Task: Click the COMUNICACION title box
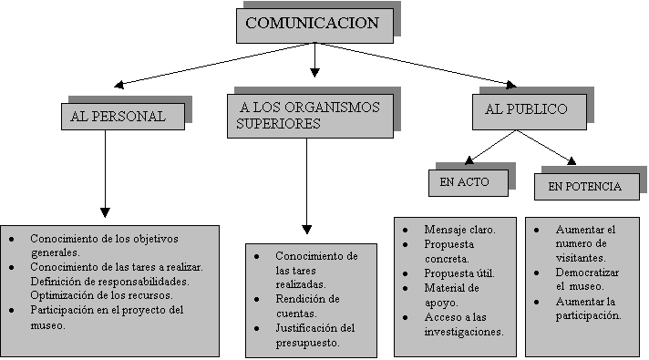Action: [x=314, y=26]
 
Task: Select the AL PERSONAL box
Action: [x=123, y=117]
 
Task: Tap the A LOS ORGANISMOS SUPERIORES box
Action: [x=311, y=116]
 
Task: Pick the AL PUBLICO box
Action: [x=530, y=112]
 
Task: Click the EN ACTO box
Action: [x=469, y=183]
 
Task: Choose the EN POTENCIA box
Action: [x=586, y=187]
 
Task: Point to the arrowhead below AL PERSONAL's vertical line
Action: [x=105, y=212]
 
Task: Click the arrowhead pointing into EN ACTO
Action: [x=469, y=160]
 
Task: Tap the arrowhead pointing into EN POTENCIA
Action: [x=572, y=161]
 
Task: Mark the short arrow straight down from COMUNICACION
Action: [x=314, y=60]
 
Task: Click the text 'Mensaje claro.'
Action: [x=459, y=230]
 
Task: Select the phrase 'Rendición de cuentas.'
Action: [x=307, y=306]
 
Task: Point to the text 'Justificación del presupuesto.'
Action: [x=315, y=335]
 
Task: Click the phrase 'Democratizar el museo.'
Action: [x=587, y=279]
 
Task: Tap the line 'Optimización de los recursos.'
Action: [x=101, y=295]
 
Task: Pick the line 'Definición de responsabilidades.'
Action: [x=109, y=282]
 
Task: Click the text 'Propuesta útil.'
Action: [x=459, y=273]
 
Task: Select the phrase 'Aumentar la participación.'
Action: [x=588, y=308]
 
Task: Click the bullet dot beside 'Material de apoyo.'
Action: [x=406, y=288]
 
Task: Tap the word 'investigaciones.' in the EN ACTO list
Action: [x=464, y=332]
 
